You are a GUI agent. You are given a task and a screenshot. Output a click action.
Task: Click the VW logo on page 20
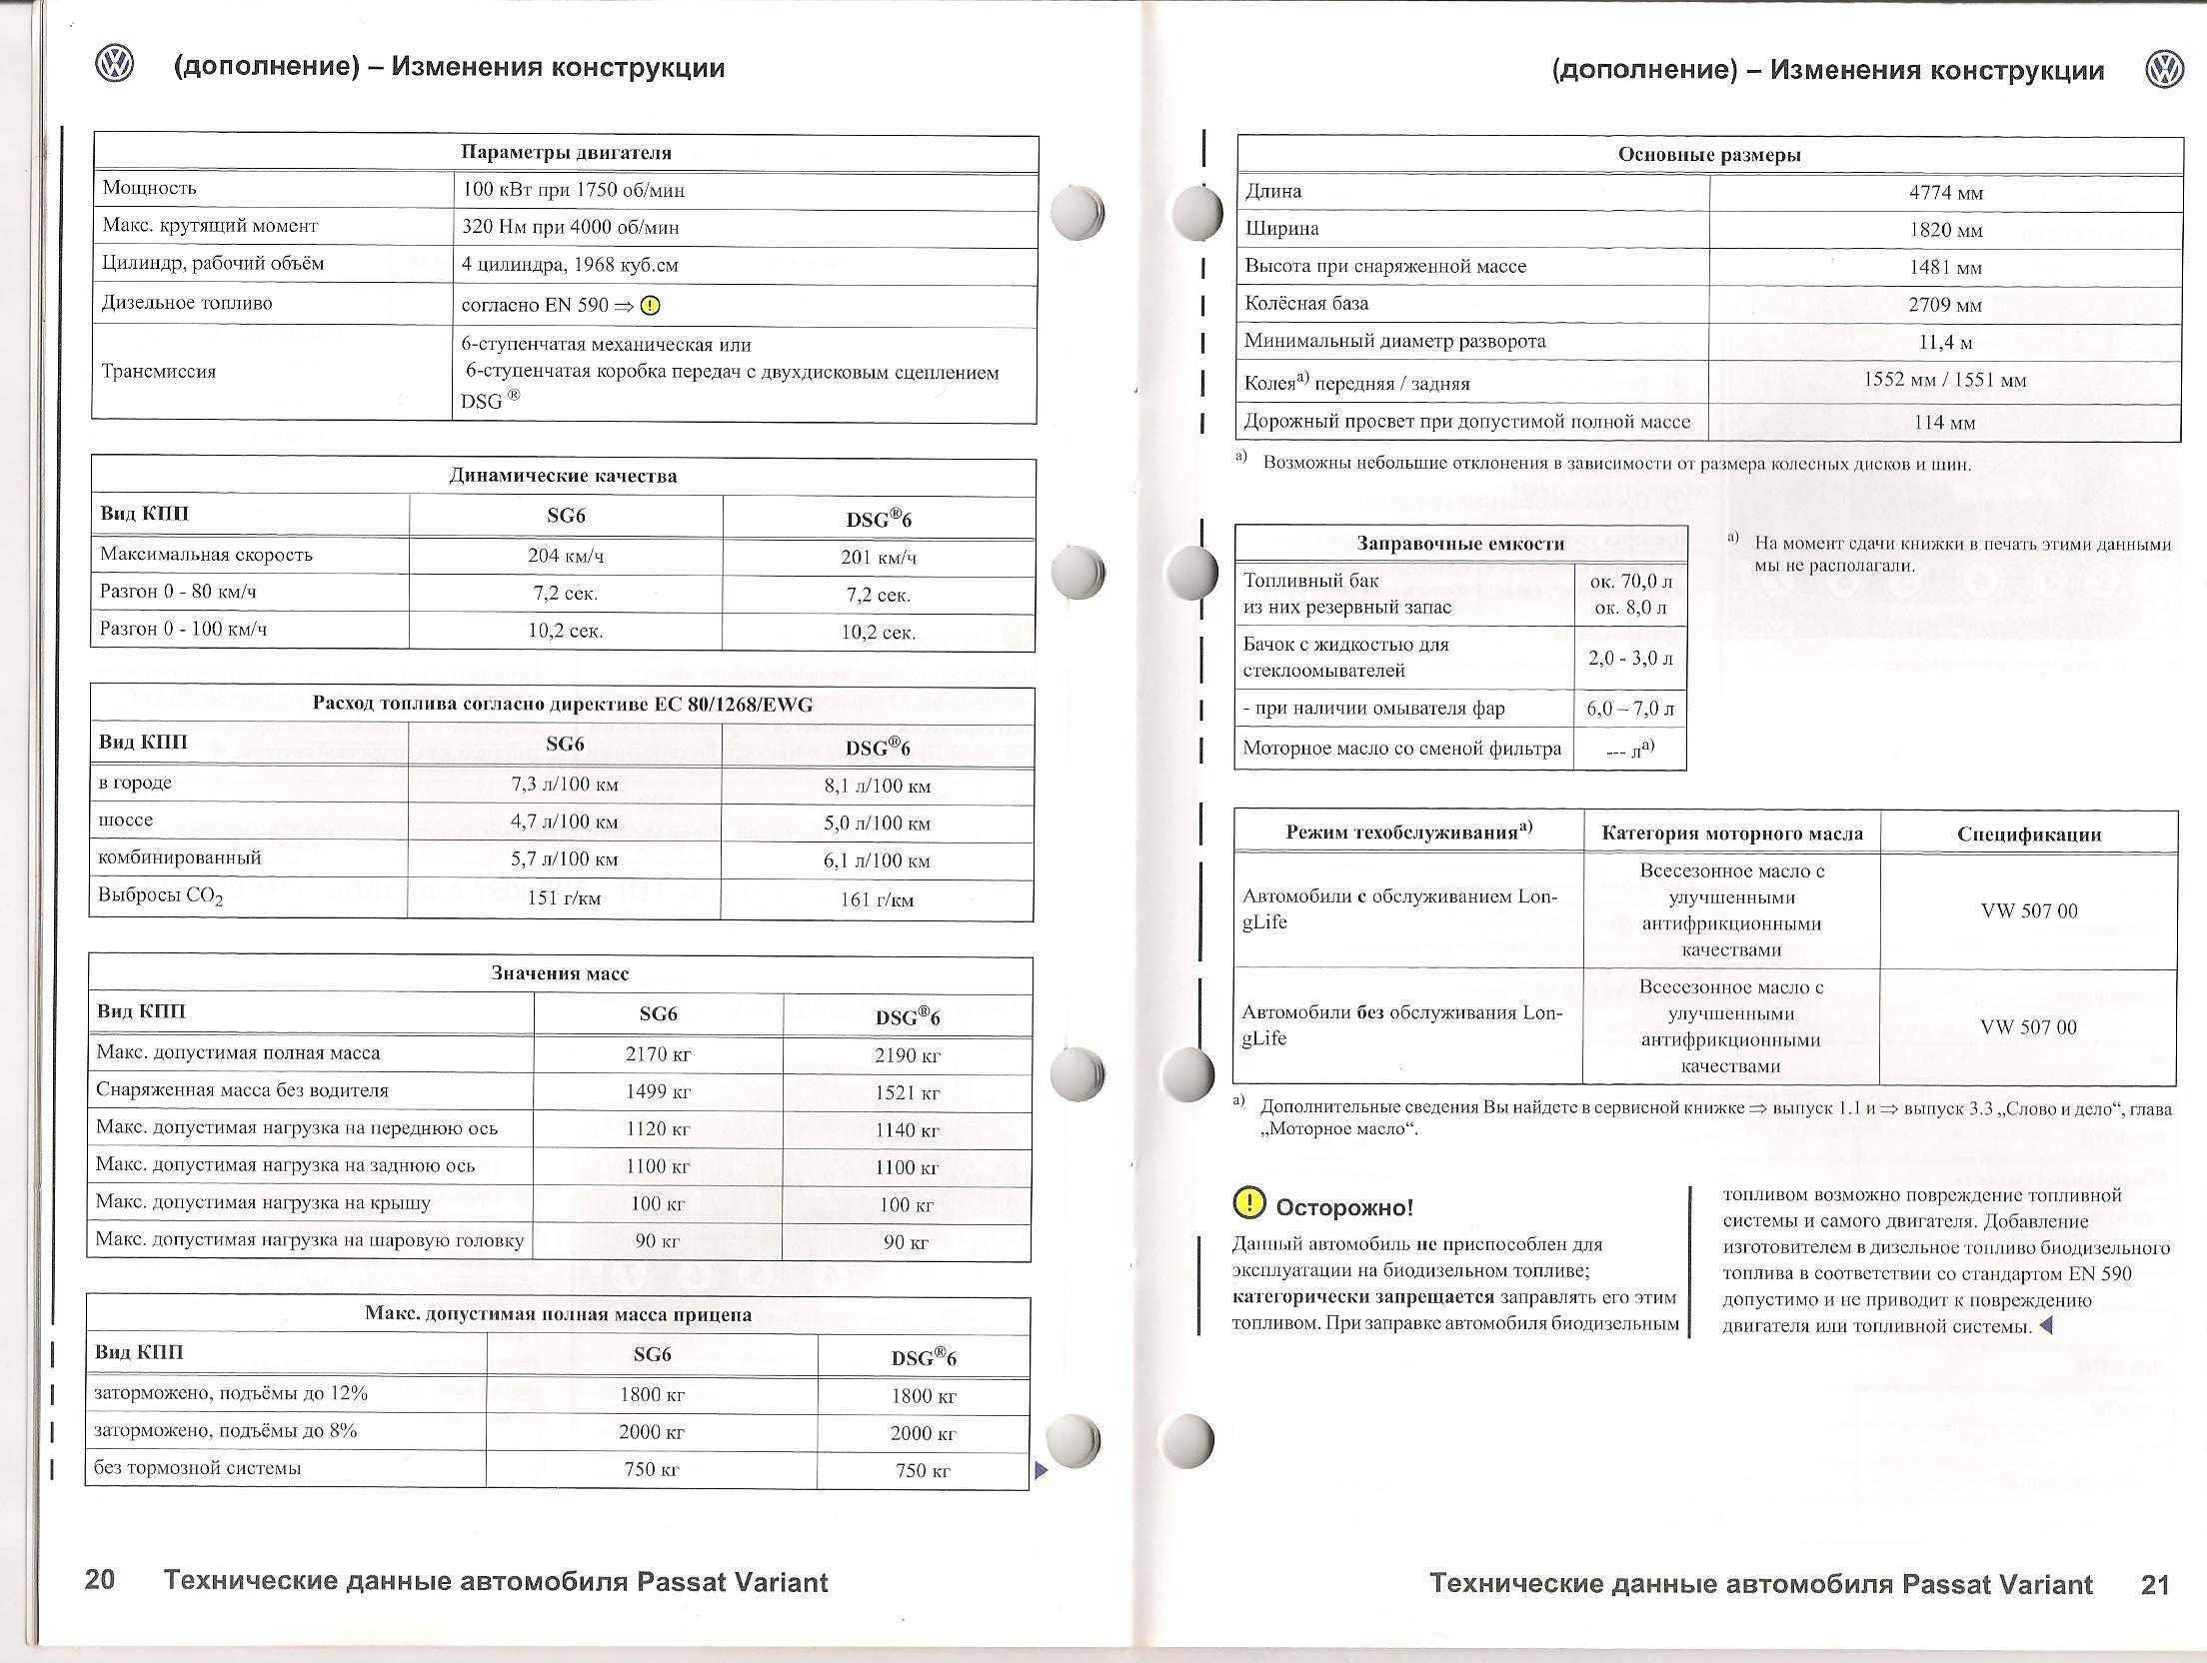point(114,65)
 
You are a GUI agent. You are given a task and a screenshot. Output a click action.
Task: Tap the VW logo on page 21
point(2165,70)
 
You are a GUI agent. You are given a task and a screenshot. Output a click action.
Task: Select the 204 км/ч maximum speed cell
point(566,556)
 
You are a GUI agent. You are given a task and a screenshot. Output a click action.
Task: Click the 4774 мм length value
point(1945,193)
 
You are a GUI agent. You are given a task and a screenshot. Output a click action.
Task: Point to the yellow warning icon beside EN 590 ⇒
point(650,306)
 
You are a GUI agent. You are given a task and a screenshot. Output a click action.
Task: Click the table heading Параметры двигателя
point(566,153)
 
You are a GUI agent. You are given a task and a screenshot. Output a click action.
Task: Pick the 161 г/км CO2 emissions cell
point(877,899)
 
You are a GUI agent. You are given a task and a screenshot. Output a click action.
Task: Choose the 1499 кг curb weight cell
point(658,1091)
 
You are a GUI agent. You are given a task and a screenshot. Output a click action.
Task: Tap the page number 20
point(100,1579)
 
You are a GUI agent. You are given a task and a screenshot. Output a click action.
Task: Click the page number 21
point(2156,1584)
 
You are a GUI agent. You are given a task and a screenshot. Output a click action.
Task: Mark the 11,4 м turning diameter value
point(1945,343)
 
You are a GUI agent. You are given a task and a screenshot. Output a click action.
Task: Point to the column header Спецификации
point(2029,834)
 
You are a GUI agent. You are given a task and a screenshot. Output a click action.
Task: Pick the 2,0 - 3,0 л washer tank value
point(1630,659)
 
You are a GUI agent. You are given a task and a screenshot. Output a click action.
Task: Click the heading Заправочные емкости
point(1460,544)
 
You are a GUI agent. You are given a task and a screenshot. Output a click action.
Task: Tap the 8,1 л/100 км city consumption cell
point(877,786)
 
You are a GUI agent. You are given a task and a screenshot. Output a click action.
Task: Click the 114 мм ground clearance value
point(1944,423)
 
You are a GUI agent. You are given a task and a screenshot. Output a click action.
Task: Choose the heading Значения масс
point(560,973)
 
